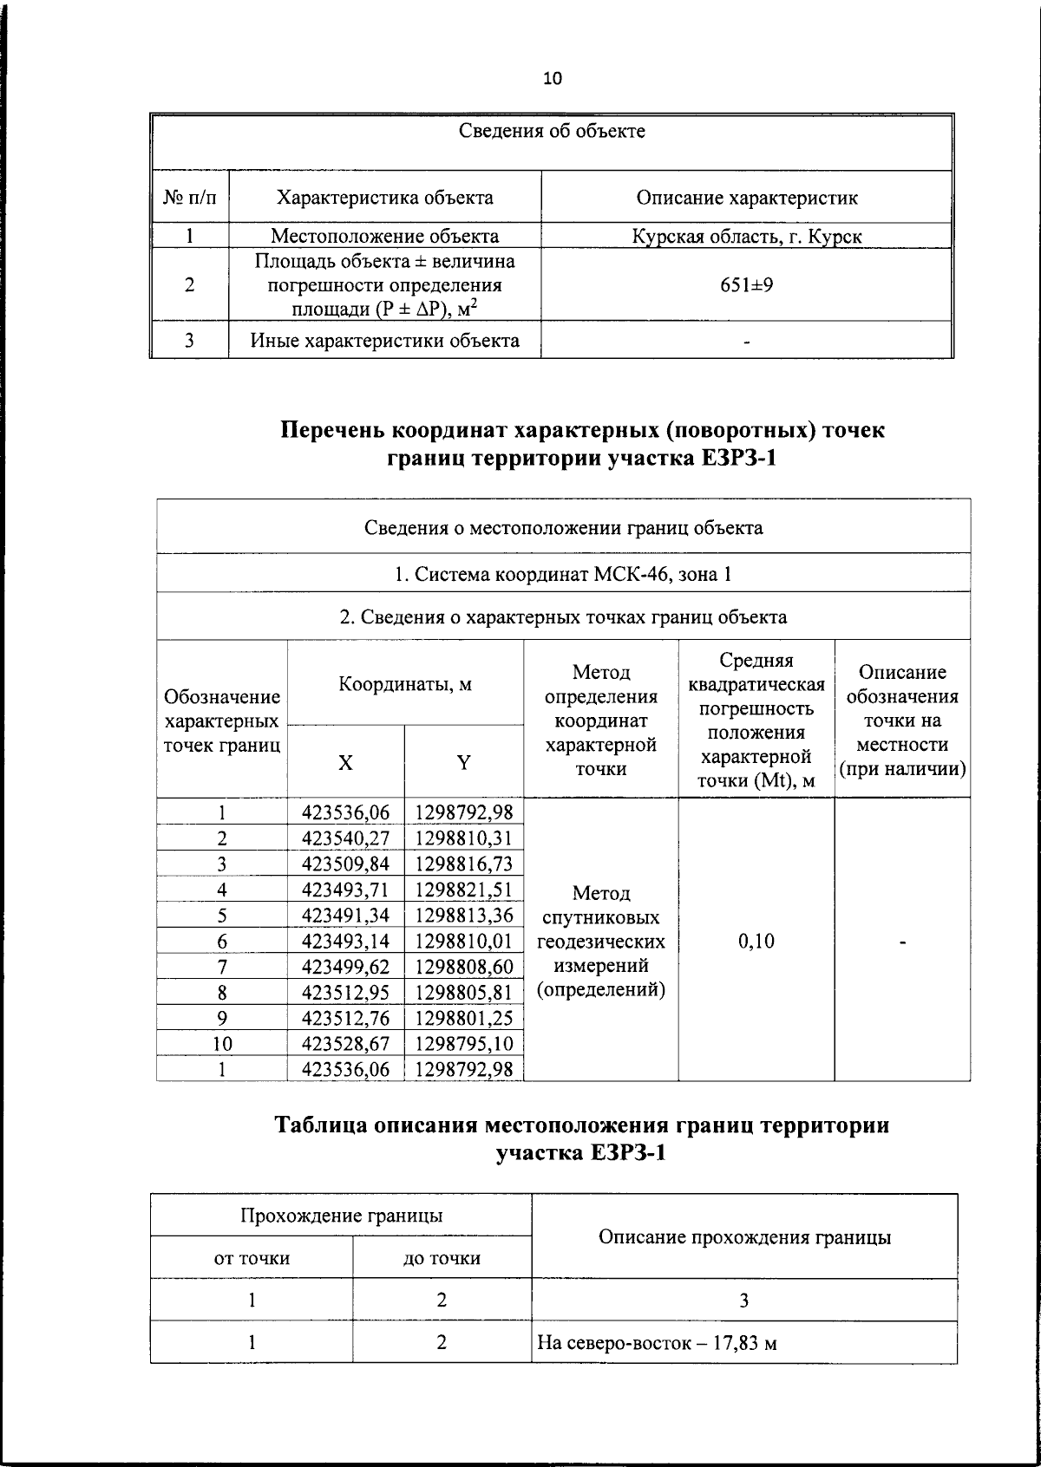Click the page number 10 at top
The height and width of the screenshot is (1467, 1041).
(x=552, y=79)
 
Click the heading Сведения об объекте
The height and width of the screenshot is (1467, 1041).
(x=552, y=132)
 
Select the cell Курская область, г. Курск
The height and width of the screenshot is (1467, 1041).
(x=747, y=236)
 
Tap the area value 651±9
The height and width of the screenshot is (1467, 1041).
(x=747, y=284)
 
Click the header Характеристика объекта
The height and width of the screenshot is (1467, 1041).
(x=384, y=198)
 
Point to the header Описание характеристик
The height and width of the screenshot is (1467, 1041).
(x=747, y=198)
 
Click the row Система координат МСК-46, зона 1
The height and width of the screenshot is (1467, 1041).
(x=563, y=574)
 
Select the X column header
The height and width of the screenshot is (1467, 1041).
(x=345, y=763)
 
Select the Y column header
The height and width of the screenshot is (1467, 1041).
(x=464, y=763)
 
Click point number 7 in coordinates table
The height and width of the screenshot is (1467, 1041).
(x=222, y=968)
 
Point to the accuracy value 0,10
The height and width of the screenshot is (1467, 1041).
(x=756, y=942)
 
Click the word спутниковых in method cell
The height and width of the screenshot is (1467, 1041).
(x=600, y=917)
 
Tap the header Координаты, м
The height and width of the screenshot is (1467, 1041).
(x=405, y=684)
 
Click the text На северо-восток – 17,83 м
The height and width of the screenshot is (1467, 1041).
(x=656, y=1344)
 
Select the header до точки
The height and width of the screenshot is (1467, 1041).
(x=442, y=1258)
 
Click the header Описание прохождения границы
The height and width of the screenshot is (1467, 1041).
(x=744, y=1237)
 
